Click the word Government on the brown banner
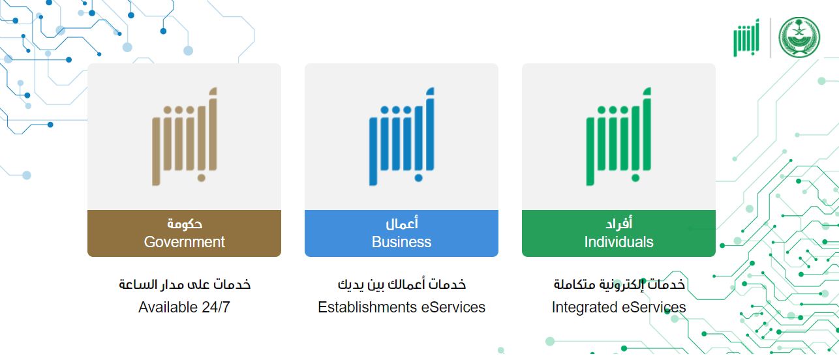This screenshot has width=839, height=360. [x=184, y=242]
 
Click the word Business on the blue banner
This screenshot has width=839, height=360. [x=401, y=242]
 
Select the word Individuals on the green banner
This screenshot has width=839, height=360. [x=618, y=242]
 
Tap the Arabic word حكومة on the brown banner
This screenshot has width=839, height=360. [x=185, y=224]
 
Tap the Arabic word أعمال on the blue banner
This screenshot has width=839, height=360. [x=402, y=224]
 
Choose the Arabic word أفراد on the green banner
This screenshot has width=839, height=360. [x=619, y=224]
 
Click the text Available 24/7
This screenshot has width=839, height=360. [x=184, y=307]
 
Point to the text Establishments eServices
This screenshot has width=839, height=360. [x=401, y=307]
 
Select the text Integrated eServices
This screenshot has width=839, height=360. [x=618, y=307]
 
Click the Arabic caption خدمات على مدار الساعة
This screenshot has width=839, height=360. [x=185, y=284]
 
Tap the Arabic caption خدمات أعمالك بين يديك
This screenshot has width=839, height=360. [x=402, y=284]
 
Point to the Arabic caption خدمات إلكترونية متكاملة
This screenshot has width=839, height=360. [x=619, y=284]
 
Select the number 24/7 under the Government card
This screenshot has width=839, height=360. [x=215, y=307]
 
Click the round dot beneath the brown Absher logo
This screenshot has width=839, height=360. [x=202, y=177]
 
